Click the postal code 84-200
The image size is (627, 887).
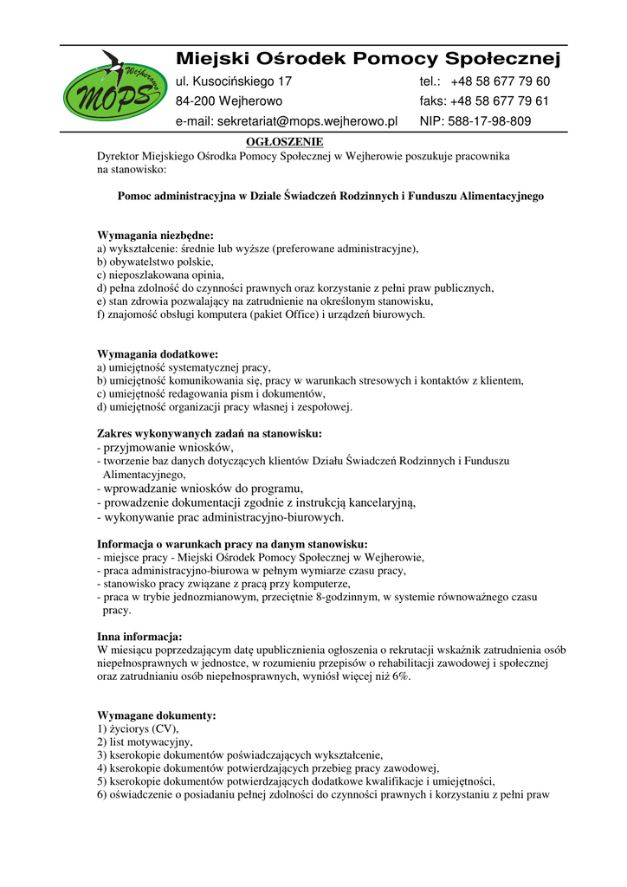tap(195, 101)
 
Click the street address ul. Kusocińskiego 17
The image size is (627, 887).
tap(234, 81)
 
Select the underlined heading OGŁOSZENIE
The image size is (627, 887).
tap(285, 141)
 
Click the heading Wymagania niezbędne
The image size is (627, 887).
tap(155, 235)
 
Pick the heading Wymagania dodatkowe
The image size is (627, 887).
tap(158, 354)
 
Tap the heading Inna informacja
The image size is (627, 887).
tap(139, 637)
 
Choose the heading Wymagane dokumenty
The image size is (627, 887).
tap(157, 716)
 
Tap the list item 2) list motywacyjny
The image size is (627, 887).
tap(145, 742)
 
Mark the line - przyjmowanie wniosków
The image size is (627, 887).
tap(165, 447)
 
